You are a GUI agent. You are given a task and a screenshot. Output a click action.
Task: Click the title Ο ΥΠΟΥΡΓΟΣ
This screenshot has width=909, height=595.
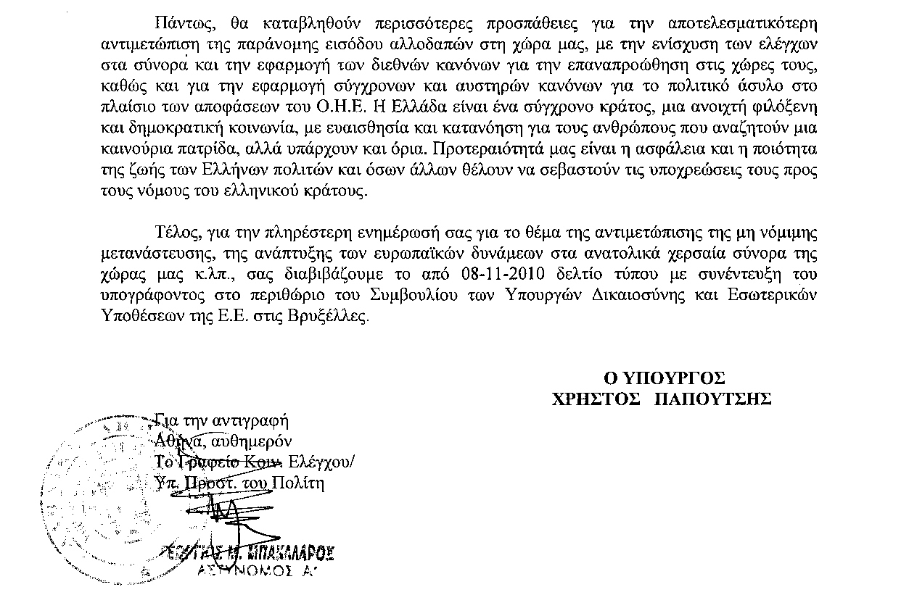(665, 378)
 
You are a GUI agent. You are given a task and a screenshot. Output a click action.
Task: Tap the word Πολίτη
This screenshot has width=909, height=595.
(299, 483)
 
